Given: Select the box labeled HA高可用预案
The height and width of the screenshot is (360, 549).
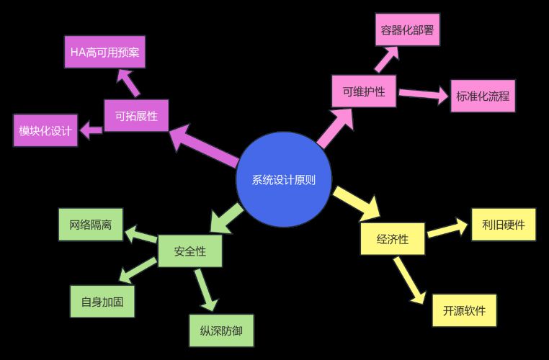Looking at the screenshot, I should (x=104, y=52).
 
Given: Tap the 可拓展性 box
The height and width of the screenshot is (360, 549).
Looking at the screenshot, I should (x=136, y=115).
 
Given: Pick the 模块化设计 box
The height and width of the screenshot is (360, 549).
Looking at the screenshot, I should (x=45, y=130).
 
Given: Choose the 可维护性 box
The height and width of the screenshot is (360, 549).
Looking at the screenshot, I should (x=364, y=91).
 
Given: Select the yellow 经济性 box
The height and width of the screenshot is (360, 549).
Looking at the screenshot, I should (x=392, y=239).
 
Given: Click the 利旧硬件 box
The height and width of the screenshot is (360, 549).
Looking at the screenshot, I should (x=504, y=225).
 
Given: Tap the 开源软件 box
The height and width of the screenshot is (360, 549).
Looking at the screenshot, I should (x=464, y=311).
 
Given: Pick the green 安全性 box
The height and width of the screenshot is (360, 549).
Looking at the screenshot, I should (x=190, y=251).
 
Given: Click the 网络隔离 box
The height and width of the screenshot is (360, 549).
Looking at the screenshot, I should (x=91, y=225).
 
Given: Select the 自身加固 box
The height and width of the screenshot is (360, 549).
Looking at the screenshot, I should (x=102, y=302).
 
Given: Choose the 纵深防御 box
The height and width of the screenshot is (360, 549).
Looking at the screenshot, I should (x=222, y=331).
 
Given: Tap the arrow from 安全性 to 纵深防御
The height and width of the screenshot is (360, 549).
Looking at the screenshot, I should (x=205, y=288).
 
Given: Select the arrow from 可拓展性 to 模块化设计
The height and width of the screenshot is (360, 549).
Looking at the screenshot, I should (x=91, y=130).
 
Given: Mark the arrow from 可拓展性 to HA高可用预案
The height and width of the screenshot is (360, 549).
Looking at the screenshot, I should (x=130, y=83).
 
